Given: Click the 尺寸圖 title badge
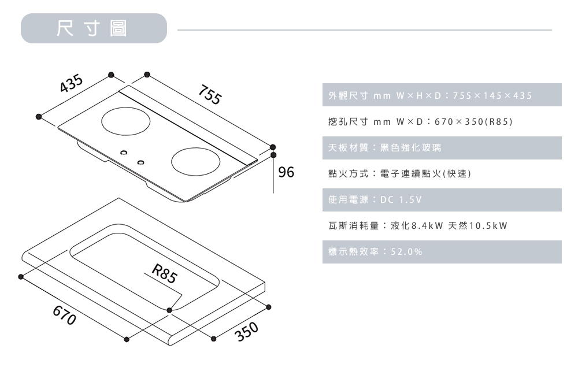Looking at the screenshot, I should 93,28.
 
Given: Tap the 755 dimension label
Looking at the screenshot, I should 209,95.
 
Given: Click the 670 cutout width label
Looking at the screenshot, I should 64,316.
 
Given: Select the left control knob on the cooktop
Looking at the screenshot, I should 123,152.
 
